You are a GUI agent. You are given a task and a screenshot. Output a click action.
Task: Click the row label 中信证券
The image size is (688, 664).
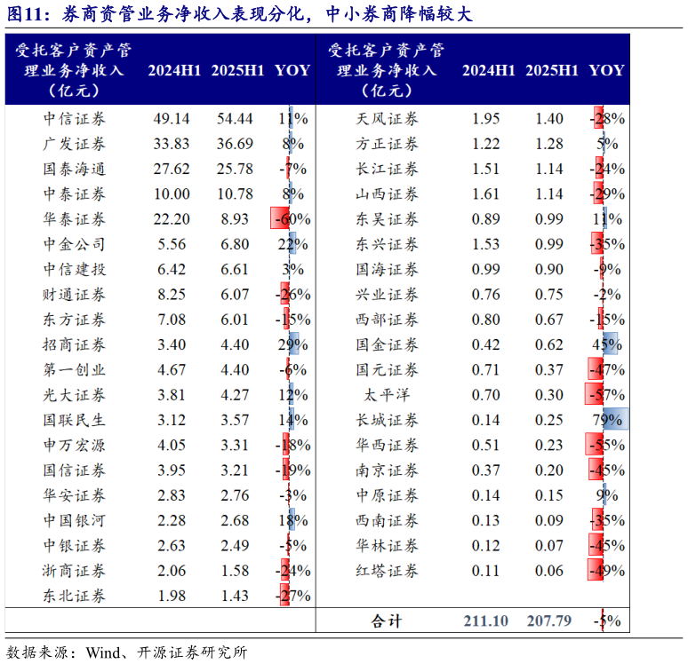pos(74,119)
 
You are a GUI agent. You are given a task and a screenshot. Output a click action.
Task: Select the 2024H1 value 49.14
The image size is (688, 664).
pos(172,119)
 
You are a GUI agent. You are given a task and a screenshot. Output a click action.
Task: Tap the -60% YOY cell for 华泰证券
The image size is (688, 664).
pos(291,219)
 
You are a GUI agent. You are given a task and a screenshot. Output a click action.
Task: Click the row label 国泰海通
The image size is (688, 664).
pos(74,169)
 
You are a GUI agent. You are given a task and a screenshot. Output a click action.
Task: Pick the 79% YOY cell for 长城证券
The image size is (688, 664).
pos(607,420)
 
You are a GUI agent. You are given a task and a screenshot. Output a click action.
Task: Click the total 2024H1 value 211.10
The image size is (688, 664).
pos(485,621)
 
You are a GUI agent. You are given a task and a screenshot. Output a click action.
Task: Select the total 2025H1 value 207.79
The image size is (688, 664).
pos(548,621)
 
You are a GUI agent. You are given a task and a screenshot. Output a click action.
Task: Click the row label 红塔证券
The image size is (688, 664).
pos(387,571)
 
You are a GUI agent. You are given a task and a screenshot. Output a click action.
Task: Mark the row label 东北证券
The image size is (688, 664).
pos(74,596)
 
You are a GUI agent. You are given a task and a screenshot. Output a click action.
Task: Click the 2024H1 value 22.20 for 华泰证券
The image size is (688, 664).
pos(172,219)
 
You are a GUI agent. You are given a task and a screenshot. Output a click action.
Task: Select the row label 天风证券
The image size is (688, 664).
pos(387,119)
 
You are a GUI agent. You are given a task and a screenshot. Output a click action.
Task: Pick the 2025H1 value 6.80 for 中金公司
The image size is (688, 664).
pos(236,244)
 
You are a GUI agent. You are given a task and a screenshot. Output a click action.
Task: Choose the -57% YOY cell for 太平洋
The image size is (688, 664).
pos(605,395)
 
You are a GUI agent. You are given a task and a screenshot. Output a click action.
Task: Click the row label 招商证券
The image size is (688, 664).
pos(74,344)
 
